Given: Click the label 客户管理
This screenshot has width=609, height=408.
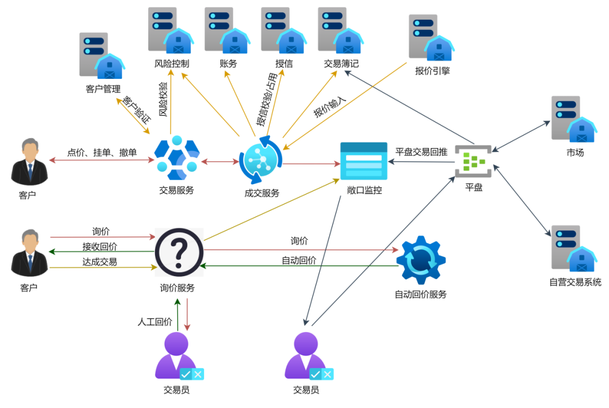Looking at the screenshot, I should point(103,89).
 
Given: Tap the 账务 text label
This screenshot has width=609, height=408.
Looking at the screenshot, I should point(228,64).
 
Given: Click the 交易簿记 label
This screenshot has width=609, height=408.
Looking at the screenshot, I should point(341,64).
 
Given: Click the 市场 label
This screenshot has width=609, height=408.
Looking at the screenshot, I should point(575,153).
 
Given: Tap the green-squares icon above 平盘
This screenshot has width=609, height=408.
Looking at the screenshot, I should point(473,161).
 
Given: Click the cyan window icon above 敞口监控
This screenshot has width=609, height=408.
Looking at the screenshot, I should point(364,161).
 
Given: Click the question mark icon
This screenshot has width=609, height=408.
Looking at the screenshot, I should point(179,252).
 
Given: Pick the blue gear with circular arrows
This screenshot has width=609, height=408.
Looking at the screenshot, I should point(421,260).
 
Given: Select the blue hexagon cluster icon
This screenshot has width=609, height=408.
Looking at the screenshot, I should point(177,158).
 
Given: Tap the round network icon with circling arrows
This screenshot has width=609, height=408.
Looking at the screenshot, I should point(261,160).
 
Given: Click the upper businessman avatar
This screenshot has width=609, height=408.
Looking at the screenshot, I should point(29,162).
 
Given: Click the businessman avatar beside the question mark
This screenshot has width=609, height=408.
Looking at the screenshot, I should point(29,252).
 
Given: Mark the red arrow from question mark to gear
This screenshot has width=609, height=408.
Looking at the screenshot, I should point(302,250).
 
